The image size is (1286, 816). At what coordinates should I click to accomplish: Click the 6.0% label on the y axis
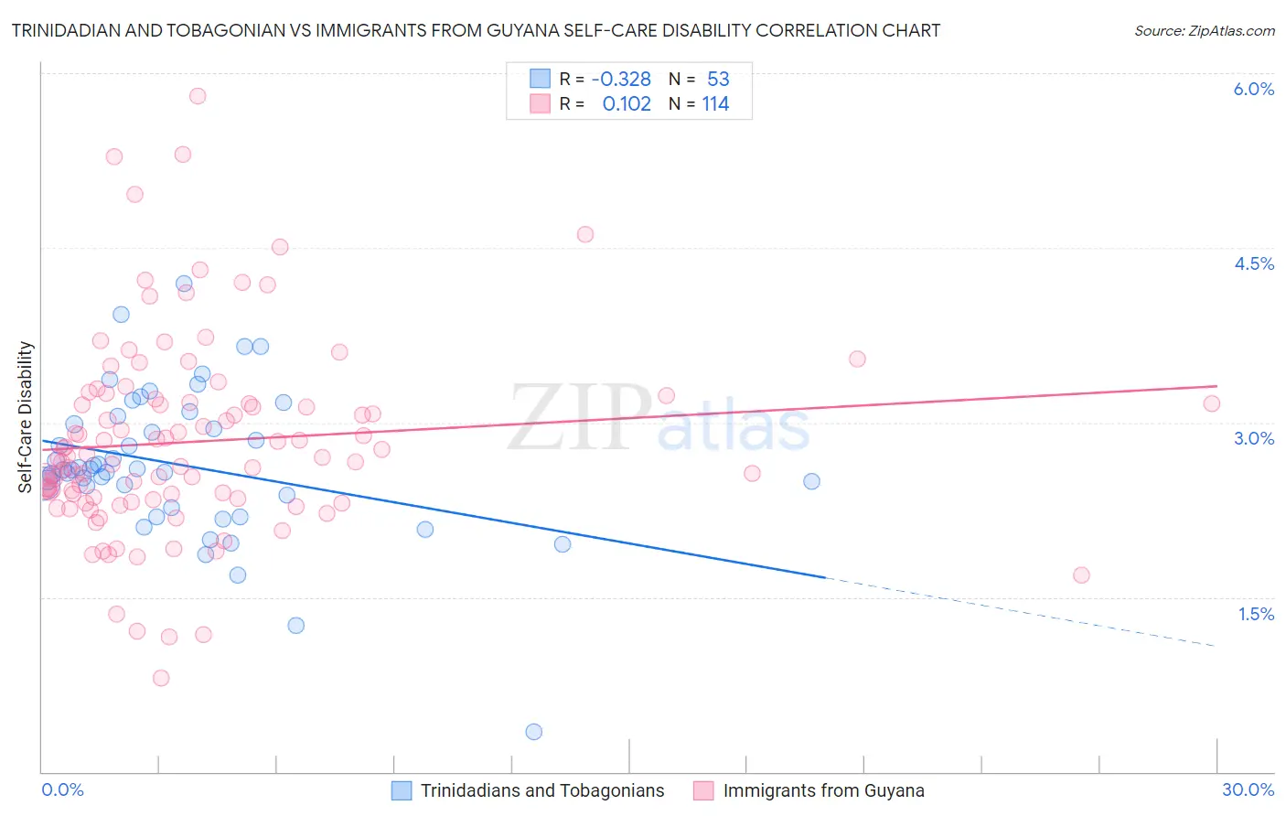coord(1253,89)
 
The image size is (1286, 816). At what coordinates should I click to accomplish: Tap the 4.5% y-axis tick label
coord(1253,263)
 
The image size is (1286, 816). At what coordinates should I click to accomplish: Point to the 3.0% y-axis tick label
coord(1253,438)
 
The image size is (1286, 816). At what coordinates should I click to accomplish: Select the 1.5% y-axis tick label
coord(1256,614)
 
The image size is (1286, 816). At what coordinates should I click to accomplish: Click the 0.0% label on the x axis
coord(62,789)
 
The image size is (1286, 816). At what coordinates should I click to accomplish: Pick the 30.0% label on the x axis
coord(1248,789)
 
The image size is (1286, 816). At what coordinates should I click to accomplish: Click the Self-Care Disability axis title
coord(26,417)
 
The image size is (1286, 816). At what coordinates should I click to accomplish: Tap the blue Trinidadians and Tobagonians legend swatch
coord(402,790)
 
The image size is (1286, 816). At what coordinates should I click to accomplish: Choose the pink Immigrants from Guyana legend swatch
coord(703,790)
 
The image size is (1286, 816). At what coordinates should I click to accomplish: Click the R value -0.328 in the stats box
coord(621,80)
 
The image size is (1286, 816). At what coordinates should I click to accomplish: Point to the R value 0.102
coord(627,104)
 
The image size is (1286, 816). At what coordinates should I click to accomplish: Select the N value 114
coord(715,104)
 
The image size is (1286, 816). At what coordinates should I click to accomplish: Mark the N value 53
coord(718,80)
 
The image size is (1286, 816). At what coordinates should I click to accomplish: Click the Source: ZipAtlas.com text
coord(1204,31)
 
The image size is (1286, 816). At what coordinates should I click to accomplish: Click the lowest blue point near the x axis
coord(534,732)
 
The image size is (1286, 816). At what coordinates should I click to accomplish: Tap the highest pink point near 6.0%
coord(198,96)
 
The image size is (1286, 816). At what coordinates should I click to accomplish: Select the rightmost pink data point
coord(1212,403)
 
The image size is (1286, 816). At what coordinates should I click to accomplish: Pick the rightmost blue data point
coord(811,481)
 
